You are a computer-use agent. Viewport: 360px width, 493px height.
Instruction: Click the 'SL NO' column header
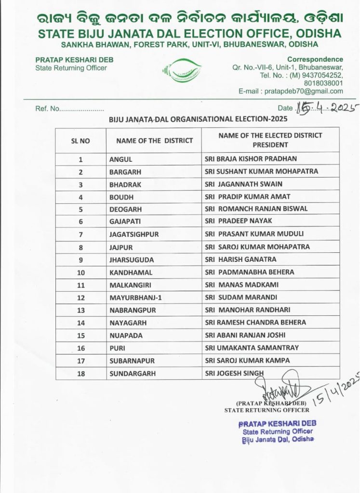(x=80, y=141)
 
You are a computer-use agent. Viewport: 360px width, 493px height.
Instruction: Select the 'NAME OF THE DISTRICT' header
(x=154, y=141)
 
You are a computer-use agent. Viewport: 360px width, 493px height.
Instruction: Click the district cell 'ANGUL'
(x=120, y=159)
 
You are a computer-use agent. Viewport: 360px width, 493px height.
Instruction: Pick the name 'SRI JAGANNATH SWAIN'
(x=243, y=184)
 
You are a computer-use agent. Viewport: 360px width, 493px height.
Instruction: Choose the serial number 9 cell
(x=80, y=259)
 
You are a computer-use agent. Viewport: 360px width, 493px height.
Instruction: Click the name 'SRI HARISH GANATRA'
(x=240, y=259)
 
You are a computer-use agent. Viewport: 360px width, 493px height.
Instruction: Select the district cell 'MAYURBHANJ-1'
(x=135, y=298)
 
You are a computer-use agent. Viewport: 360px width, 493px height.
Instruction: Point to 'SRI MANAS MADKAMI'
(x=241, y=285)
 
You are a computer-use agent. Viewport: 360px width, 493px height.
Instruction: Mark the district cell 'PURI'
(x=118, y=348)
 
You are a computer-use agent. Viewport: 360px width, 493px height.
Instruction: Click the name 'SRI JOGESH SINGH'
(x=235, y=373)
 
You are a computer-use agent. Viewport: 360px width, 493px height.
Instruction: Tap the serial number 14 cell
(x=80, y=323)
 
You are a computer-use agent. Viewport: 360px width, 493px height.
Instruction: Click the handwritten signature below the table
(x=278, y=387)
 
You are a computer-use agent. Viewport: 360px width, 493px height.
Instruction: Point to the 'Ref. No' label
(x=47, y=109)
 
